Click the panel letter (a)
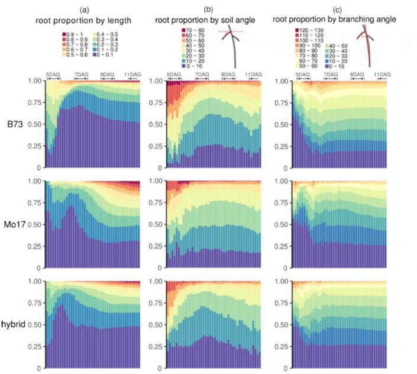tap(92, 10)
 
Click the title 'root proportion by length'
tap(92, 19)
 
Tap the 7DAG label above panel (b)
tap(203, 75)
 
